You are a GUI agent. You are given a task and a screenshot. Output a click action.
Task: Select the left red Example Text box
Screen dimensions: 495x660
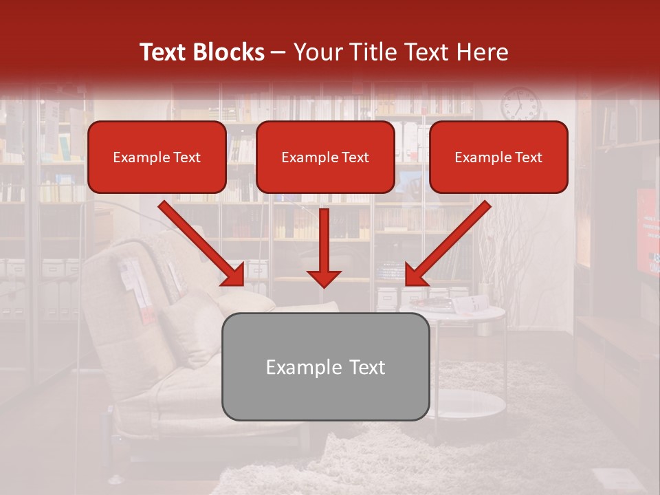point(157,157)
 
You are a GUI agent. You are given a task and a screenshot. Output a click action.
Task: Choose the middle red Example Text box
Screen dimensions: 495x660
point(325,157)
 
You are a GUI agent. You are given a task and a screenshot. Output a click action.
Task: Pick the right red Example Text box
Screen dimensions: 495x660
point(498,157)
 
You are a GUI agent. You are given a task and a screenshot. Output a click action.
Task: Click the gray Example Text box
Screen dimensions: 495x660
point(325,366)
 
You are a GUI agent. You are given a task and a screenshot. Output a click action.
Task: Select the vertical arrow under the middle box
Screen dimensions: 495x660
point(324,247)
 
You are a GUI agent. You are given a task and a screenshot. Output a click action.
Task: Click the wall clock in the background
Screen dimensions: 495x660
point(520,104)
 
